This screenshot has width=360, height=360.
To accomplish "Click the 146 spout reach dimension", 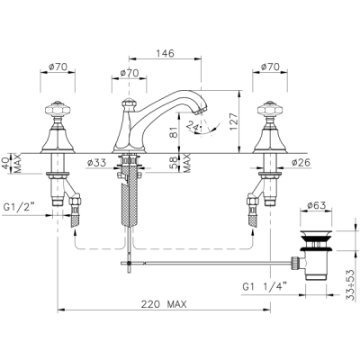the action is [165, 53].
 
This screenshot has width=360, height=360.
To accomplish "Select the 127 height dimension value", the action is [235, 121].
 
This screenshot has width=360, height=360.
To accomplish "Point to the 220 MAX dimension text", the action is [164, 304].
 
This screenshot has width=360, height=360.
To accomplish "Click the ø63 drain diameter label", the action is [316, 205].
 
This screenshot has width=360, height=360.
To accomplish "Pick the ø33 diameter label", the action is [96, 163].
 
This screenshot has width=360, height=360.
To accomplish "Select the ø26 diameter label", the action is [301, 162].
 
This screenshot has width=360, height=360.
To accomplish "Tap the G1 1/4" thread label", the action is [265, 287].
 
